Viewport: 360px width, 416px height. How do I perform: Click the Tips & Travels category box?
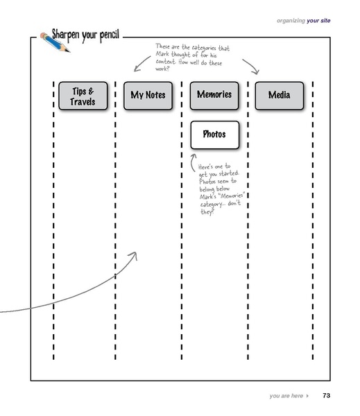pyautogui.click(x=83, y=96)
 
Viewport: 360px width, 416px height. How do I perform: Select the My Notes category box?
pyautogui.click(x=148, y=95)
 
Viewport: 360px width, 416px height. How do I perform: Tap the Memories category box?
pyautogui.click(x=214, y=95)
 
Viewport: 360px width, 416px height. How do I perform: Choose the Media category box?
pyautogui.click(x=279, y=95)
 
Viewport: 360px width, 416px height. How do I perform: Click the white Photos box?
pyautogui.click(x=214, y=135)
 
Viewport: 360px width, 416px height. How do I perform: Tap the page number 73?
pyautogui.click(x=326, y=396)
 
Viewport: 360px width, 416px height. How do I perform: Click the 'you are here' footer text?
pyautogui.click(x=286, y=396)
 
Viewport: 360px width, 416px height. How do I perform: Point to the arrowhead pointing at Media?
pyautogui.click(x=255, y=71)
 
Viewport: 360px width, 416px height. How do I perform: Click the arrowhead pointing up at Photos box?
pyautogui.click(x=194, y=157)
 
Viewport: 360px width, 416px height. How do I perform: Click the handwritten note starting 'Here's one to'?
pyautogui.click(x=221, y=188)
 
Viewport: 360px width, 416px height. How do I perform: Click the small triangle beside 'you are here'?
pyautogui.click(x=307, y=396)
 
